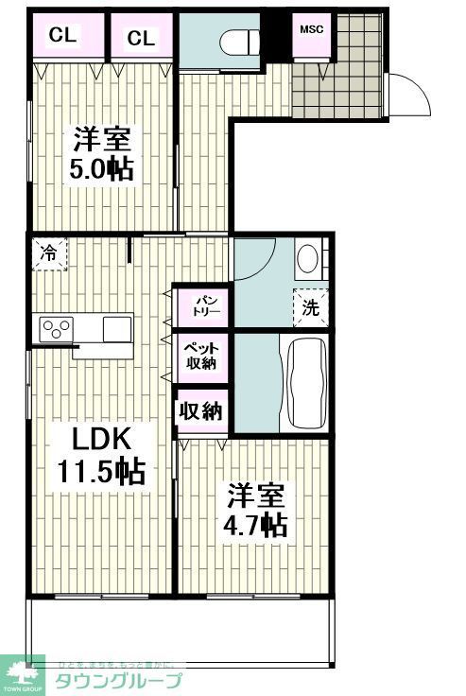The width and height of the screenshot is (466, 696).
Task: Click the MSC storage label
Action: pos(311,28)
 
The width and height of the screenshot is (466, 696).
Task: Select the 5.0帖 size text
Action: pos(100,171)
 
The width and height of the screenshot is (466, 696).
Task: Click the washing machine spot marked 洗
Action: pos(310,306)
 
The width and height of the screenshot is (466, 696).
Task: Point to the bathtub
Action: pos(304,383)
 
